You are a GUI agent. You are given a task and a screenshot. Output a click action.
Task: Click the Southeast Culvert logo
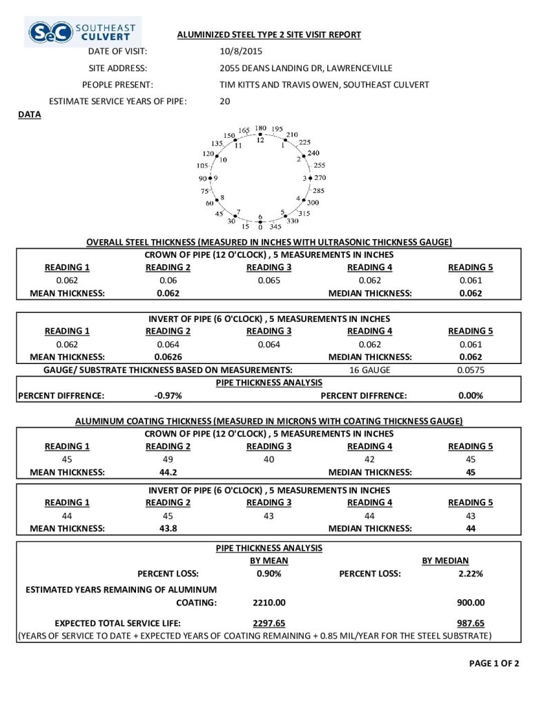coord(83,31)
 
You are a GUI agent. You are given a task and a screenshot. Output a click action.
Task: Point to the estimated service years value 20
coord(224,101)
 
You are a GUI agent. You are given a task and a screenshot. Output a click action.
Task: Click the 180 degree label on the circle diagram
coord(260,128)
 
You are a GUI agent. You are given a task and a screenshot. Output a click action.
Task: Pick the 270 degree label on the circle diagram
coord(320,177)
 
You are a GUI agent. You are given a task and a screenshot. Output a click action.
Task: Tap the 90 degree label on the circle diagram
coord(203,178)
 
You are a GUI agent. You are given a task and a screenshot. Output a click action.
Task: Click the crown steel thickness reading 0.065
coord(268,280)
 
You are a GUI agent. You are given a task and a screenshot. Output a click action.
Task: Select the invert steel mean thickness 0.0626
coord(168,356)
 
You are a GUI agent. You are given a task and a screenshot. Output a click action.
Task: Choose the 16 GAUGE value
coord(369,370)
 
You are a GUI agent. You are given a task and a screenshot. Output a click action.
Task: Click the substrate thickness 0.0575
coord(471,370)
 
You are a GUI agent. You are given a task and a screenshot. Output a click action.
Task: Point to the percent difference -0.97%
coord(168,396)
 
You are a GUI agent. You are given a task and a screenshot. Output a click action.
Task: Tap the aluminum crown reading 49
coord(168,459)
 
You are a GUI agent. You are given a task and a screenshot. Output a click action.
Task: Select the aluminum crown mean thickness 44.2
coord(168,472)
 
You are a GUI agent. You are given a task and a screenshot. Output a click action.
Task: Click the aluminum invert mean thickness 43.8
coord(168,529)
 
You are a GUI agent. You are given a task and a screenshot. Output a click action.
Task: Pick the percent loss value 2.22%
coord(470,574)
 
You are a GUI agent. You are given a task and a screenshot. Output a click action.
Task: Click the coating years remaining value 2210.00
coord(269,602)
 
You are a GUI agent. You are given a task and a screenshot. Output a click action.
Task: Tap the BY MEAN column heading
coord(269,561)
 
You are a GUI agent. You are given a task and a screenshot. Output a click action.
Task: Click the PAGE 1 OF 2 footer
coord(494,663)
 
